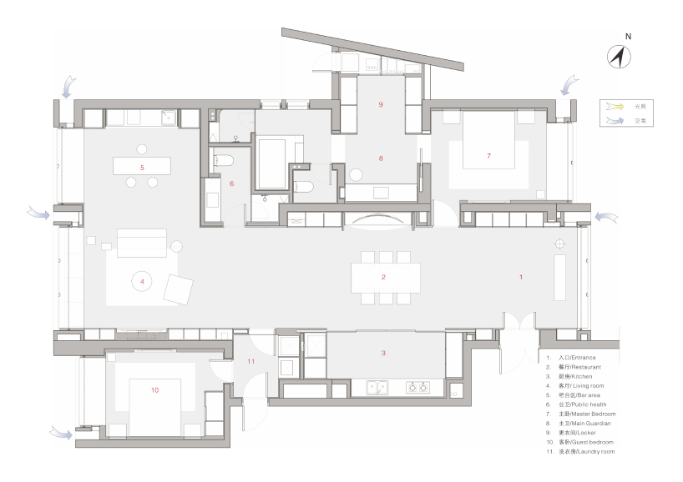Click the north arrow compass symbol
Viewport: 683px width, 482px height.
click(619, 57)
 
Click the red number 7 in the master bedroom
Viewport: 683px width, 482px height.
click(489, 156)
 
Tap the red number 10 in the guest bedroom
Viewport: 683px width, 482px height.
click(154, 389)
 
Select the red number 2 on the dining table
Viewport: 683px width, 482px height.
click(383, 277)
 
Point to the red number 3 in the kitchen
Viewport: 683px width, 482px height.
click(383, 354)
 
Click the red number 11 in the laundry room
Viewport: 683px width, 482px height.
click(250, 361)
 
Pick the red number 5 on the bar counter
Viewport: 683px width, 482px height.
click(142, 168)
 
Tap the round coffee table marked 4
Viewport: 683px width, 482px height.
click(143, 282)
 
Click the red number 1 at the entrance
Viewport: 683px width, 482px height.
click(521, 277)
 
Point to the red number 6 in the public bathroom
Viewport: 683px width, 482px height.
click(232, 183)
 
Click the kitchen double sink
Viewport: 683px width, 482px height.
click(378, 387)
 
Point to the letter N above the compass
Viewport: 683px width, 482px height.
click(628, 37)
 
